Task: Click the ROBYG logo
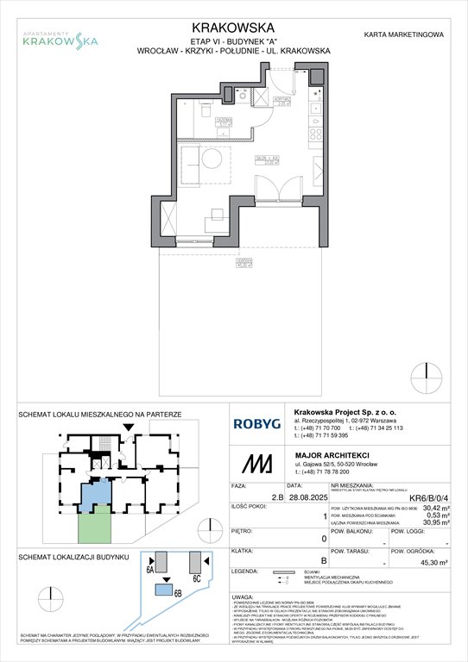pos(256,423)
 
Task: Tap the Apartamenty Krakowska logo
pos(60,36)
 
